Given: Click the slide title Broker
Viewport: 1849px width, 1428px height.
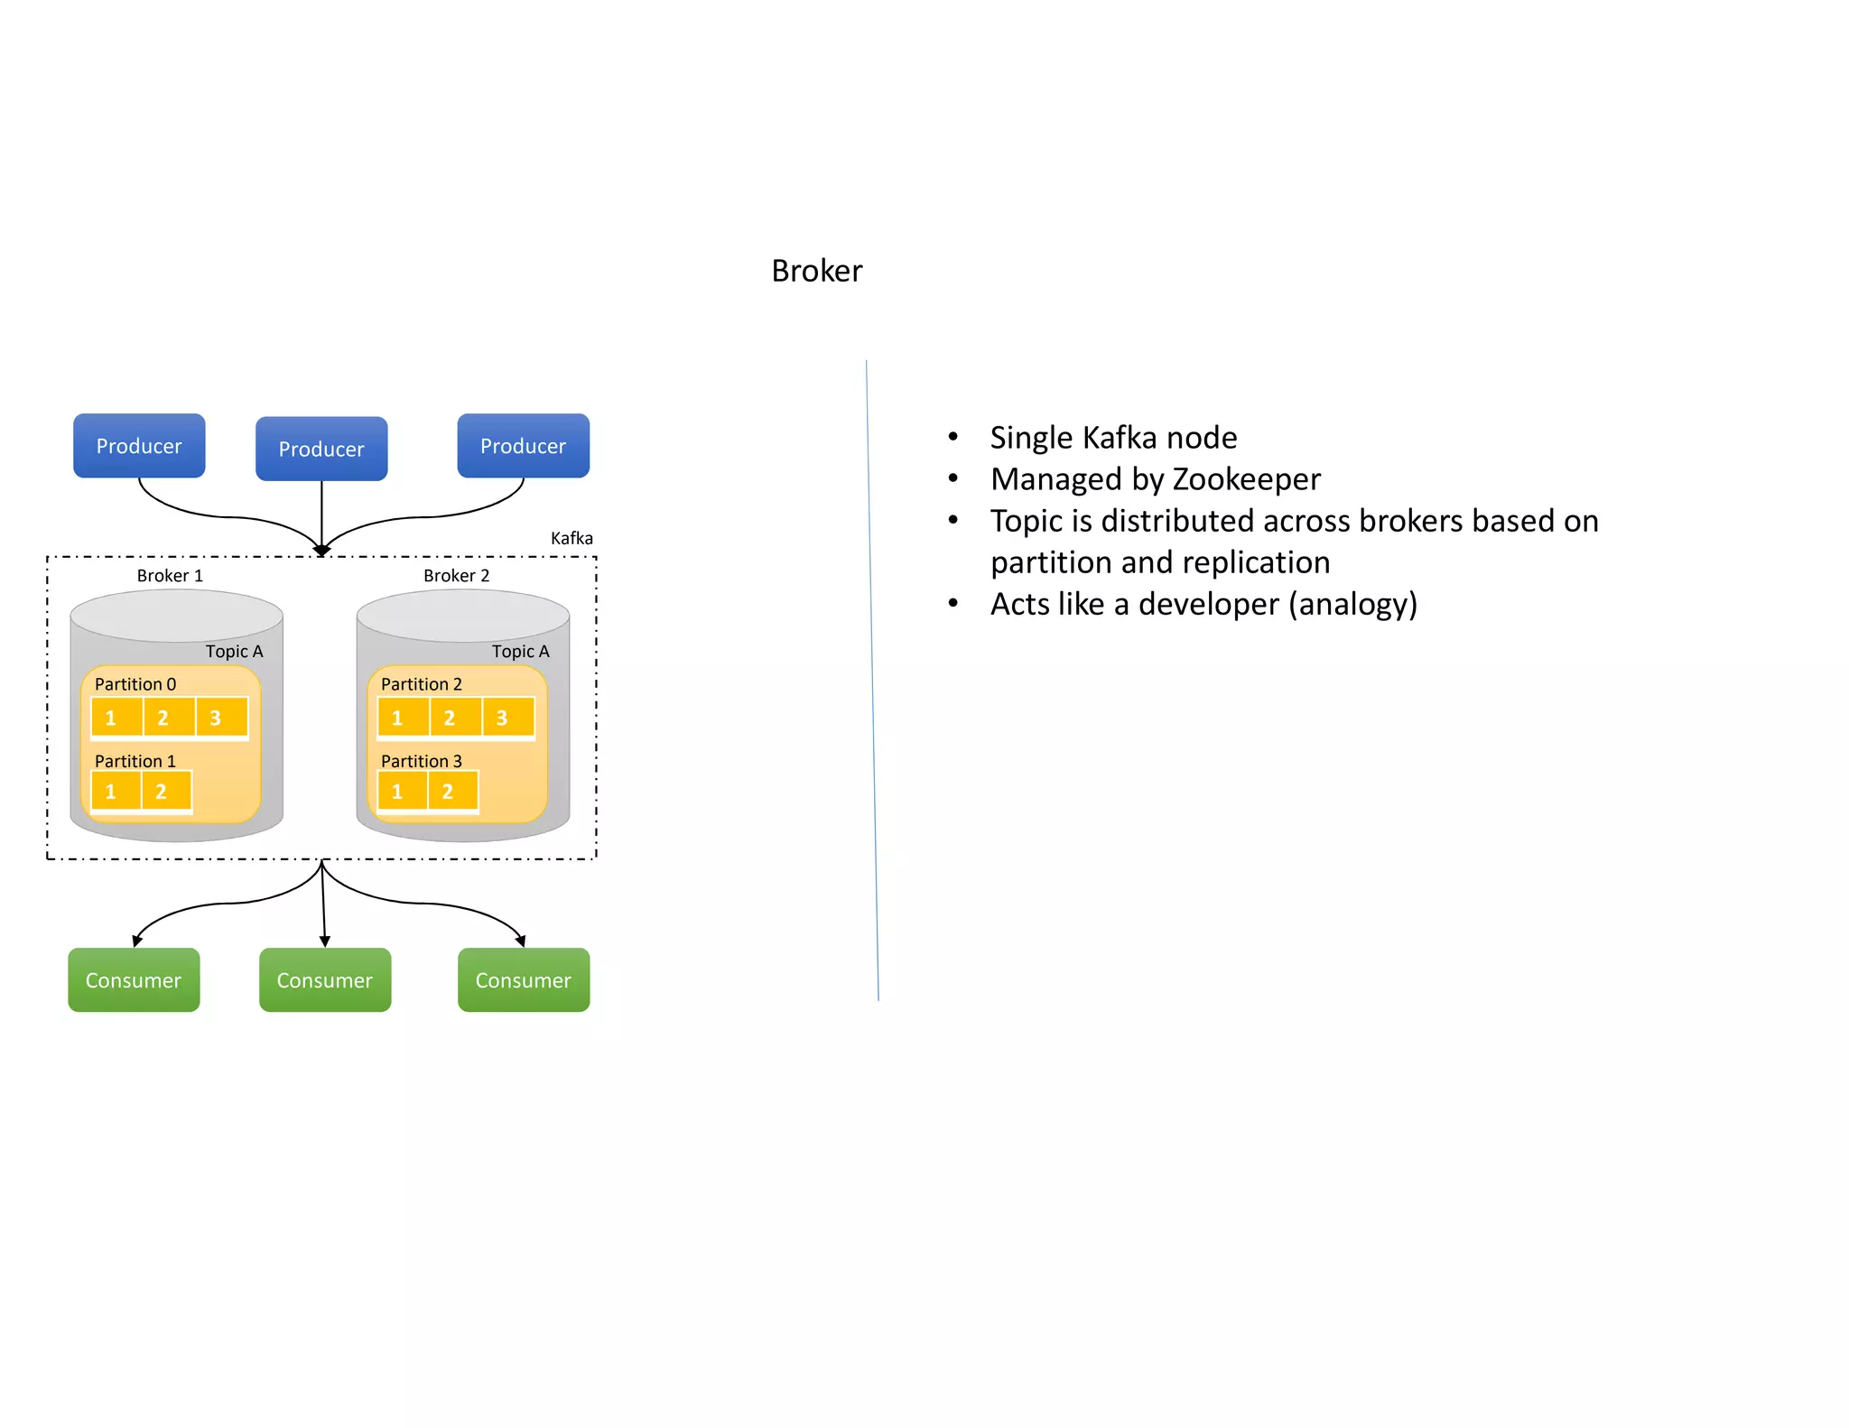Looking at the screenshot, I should (816, 271).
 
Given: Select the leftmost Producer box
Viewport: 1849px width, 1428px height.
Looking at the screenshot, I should (139, 446).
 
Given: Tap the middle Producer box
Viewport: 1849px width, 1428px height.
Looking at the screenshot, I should (321, 449).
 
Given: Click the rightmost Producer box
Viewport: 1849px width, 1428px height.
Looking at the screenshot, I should (523, 446).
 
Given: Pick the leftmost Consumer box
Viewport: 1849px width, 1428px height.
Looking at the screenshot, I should (134, 980).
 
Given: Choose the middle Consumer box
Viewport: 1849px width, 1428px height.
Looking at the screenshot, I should (325, 980).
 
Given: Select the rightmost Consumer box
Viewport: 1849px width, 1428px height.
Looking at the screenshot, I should (524, 980).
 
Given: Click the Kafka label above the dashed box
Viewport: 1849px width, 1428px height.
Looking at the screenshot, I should (571, 538).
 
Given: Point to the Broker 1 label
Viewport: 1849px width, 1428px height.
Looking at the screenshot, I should (170, 576).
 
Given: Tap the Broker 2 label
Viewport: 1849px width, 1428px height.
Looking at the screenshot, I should (456, 576).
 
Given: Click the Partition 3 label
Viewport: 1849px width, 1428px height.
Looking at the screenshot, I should (421, 761).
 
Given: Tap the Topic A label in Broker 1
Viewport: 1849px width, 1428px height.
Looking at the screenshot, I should (234, 652).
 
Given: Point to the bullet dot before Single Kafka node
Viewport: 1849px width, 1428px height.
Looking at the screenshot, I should (952, 437).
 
